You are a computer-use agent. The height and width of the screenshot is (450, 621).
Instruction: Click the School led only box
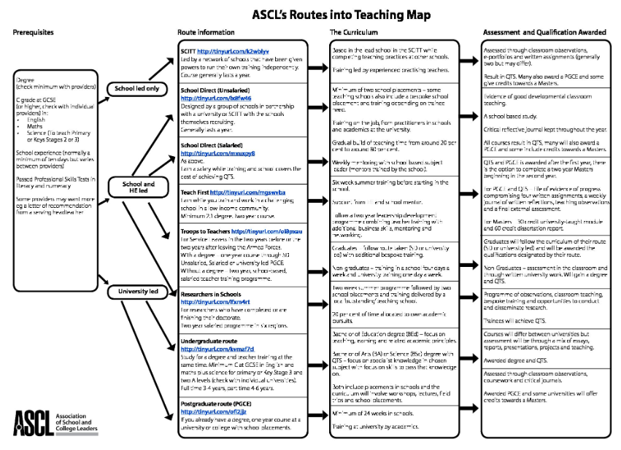coord(138,89)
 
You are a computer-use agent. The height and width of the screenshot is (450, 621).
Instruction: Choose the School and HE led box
coord(138,187)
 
